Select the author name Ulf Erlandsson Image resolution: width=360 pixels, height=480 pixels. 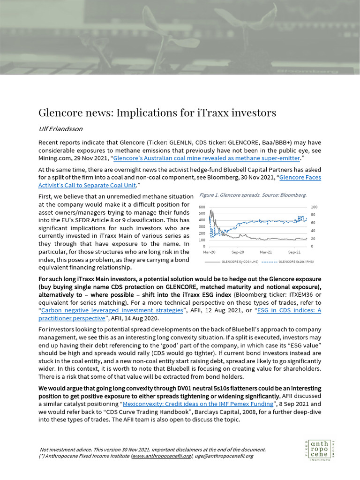(x=62, y=128)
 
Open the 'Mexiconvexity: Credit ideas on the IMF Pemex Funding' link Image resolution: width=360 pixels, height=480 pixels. (x=198, y=404)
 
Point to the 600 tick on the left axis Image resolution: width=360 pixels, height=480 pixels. (x=202, y=207)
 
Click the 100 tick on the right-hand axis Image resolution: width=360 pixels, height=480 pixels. (x=314, y=207)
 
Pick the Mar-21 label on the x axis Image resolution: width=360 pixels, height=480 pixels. (x=266, y=252)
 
